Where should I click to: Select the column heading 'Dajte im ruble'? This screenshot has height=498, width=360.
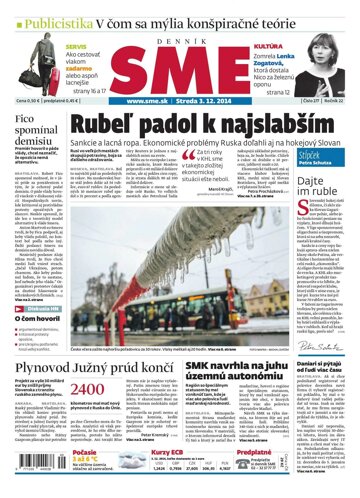(319, 185)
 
